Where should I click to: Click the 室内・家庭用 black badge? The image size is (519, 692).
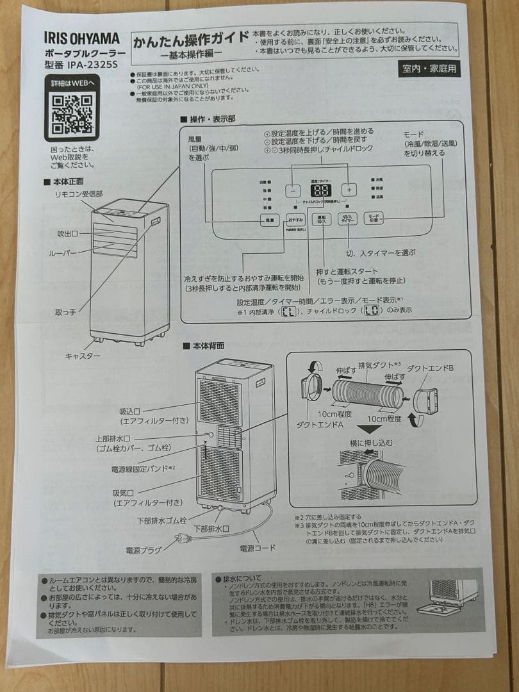point(429,69)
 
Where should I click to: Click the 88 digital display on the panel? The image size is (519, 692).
point(320,190)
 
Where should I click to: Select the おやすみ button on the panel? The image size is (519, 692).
point(295,219)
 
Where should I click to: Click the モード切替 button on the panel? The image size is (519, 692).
point(375,218)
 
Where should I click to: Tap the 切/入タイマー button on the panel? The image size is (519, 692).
point(349,218)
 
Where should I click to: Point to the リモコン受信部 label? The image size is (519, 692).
point(78,193)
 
